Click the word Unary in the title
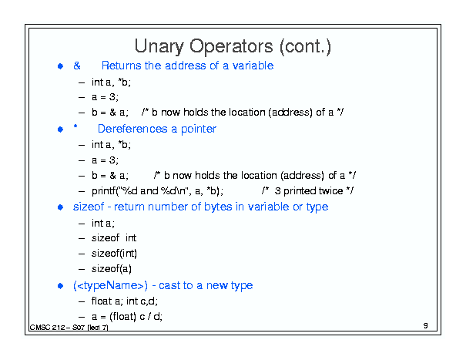[159, 47]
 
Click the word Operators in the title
[231, 47]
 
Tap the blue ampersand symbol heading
[77, 66]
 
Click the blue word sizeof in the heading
[89, 207]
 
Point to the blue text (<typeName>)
[110, 285]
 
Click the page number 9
[426, 325]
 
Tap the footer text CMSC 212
[48, 328]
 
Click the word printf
[103, 190]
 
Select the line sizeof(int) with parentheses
[114, 253]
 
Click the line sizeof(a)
[112, 269]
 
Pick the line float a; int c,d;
[125, 301]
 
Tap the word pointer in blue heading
[199, 130]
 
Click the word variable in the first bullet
[253, 66]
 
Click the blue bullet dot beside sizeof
[60, 207]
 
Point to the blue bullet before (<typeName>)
[60, 286]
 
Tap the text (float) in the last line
[122, 317]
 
